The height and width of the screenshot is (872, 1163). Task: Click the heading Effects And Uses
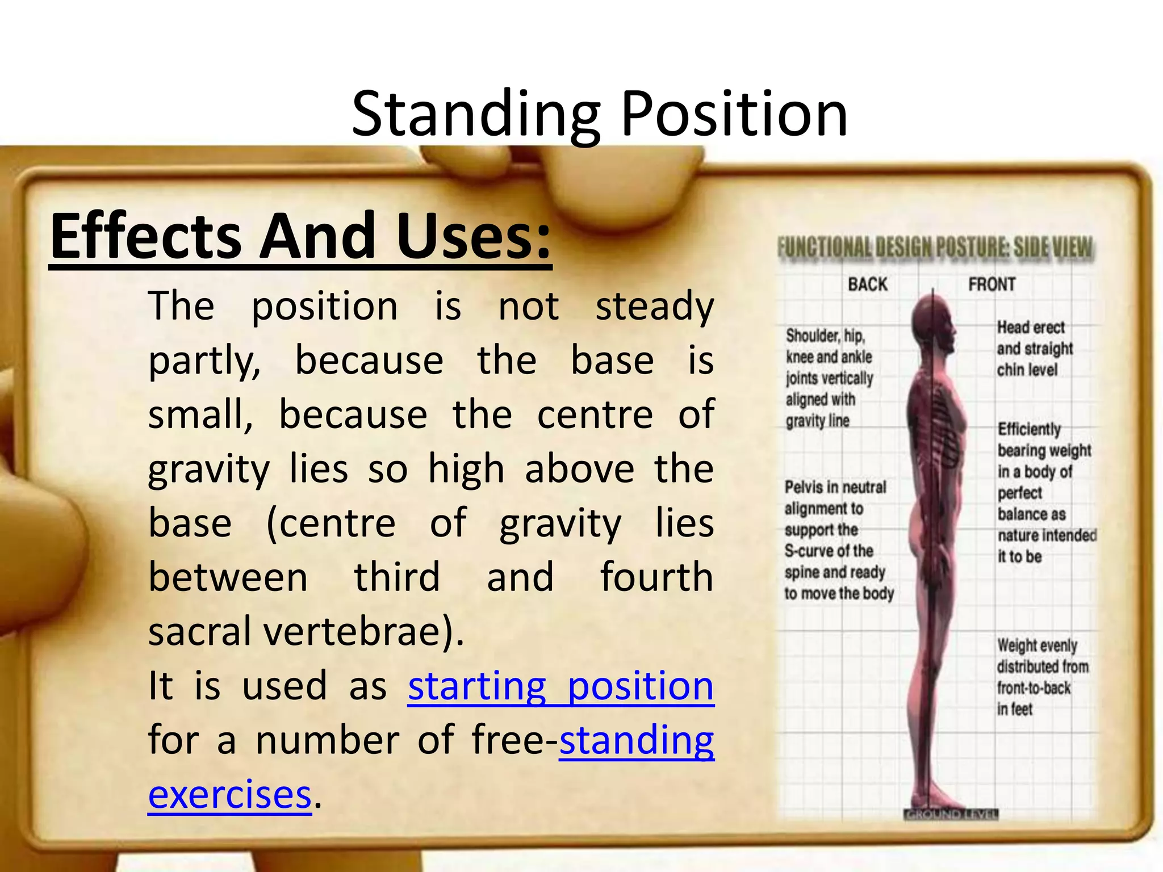pyautogui.click(x=300, y=236)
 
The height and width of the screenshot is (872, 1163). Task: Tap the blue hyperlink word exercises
pyautogui.click(x=229, y=794)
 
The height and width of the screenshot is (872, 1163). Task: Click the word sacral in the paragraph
pyautogui.click(x=199, y=631)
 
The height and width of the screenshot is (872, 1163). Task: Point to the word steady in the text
pyautogui.click(x=654, y=307)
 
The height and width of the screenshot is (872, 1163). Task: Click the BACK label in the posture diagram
pyautogui.click(x=867, y=284)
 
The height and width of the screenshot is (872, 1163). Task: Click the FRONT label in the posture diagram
pyautogui.click(x=992, y=284)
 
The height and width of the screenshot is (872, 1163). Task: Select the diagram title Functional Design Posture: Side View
pyautogui.click(x=935, y=248)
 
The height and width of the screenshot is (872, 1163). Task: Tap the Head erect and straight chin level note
pyautogui.click(x=1034, y=348)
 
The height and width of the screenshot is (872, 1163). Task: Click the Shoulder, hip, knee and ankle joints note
pyautogui.click(x=828, y=378)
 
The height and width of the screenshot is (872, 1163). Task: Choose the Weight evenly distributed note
pyautogui.click(x=1041, y=677)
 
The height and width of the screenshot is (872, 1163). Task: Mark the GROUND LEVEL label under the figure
pyautogui.click(x=951, y=815)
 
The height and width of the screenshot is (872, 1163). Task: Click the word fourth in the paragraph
pyautogui.click(x=656, y=577)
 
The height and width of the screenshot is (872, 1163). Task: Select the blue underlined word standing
pyautogui.click(x=637, y=740)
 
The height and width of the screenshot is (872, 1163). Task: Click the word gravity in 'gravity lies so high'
pyautogui.click(x=208, y=469)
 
